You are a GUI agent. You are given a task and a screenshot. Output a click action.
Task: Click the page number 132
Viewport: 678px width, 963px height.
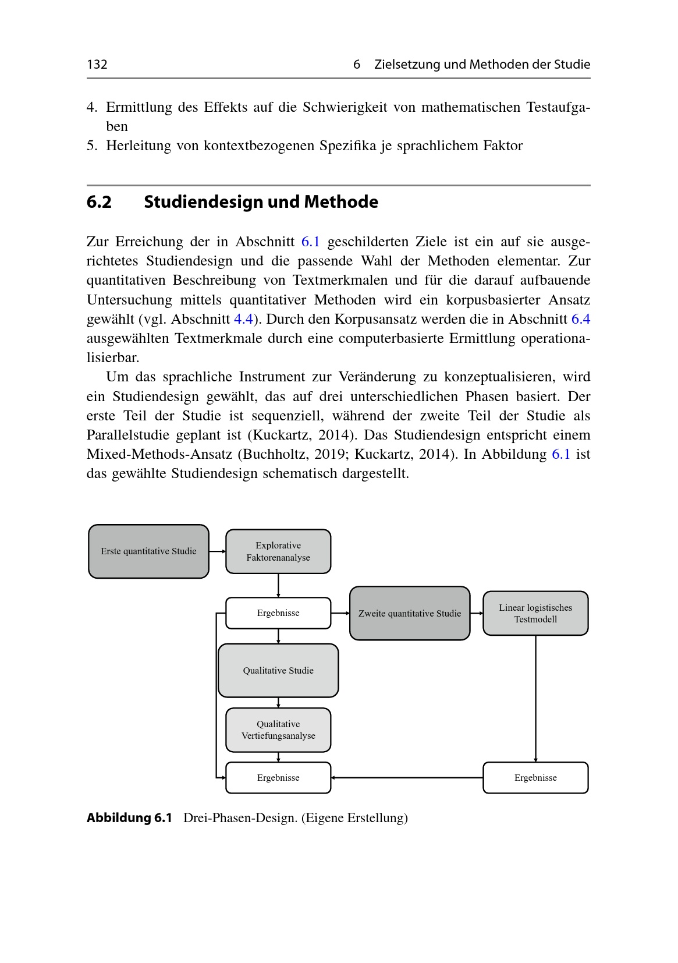click(x=97, y=64)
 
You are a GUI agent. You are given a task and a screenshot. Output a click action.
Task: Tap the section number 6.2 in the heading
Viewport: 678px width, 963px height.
click(x=99, y=202)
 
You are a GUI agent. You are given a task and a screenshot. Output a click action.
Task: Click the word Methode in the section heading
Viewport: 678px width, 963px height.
click(x=341, y=202)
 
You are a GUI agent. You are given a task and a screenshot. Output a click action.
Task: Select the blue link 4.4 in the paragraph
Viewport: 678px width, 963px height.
click(x=243, y=319)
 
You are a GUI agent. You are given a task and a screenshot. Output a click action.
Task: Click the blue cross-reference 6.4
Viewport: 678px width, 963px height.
click(x=581, y=319)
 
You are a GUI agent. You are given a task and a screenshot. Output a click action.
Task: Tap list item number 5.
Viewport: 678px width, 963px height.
click(x=91, y=146)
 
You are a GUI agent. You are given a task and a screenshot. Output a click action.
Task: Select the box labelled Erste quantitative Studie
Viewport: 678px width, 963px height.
click(x=148, y=551)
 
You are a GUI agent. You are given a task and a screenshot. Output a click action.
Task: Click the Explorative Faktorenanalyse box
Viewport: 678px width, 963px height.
click(x=278, y=551)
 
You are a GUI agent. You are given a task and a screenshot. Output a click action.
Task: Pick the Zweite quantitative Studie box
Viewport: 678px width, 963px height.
click(x=410, y=613)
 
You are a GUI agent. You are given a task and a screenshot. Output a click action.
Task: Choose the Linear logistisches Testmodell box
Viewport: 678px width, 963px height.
click(x=535, y=613)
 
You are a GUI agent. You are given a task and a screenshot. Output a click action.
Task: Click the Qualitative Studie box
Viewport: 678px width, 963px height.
click(x=278, y=670)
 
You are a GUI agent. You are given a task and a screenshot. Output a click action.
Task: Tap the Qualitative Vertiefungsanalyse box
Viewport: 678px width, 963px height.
click(x=278, y=730)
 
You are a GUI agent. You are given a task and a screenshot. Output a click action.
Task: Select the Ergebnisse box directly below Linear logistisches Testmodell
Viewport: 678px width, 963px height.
click(x=535, y=777)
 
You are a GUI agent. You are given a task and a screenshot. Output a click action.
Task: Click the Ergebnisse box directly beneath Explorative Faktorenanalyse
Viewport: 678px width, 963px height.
click(x=278, y=613)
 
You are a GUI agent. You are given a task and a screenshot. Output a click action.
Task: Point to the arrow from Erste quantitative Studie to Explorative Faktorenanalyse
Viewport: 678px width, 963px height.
click(x=217, y=551)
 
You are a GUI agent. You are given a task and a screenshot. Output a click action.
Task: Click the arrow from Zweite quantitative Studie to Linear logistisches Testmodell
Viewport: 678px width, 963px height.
click(x=477, y=613)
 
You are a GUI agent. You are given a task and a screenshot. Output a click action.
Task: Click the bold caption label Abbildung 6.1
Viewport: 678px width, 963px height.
click(x=129, y=818)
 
